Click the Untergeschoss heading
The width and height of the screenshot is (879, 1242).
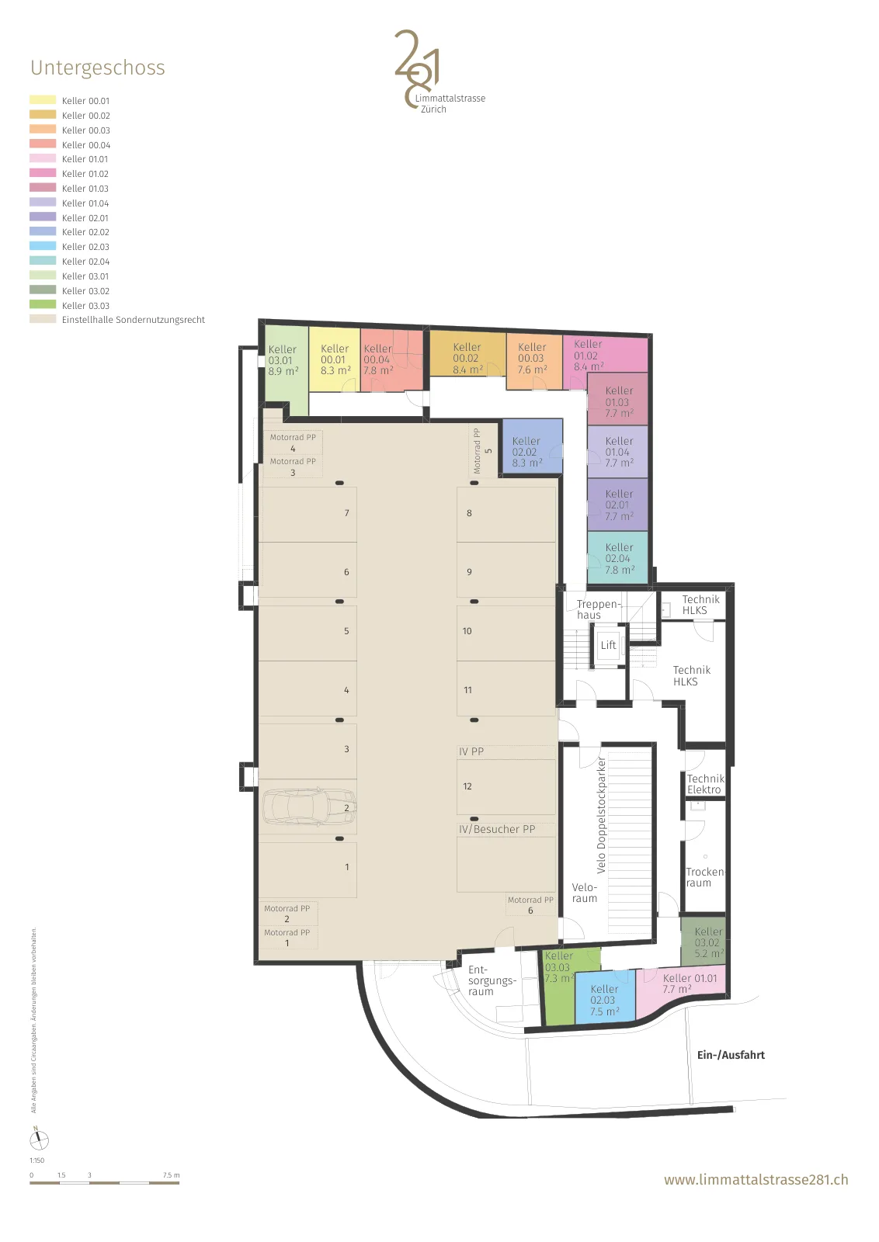point(98,68)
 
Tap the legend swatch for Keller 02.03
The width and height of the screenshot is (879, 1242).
point(43,246)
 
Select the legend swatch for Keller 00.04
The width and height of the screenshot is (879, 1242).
point(43,144)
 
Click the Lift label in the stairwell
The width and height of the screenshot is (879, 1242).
point(608,645)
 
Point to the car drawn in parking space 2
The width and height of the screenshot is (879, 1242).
point(309,807)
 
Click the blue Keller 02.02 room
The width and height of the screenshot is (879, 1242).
point(532,446)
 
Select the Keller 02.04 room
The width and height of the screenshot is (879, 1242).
point(617,558)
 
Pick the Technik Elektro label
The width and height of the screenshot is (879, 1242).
point(705,784)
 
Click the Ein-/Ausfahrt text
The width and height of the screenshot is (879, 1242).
point(731,1055)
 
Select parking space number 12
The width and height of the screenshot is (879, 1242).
point(506,787)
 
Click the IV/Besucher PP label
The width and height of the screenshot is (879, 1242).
point(496,829)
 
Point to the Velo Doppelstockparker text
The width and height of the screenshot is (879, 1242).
point(601,815)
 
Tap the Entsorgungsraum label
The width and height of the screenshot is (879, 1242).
point(491,980)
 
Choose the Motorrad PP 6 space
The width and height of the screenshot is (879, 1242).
point(530,905)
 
